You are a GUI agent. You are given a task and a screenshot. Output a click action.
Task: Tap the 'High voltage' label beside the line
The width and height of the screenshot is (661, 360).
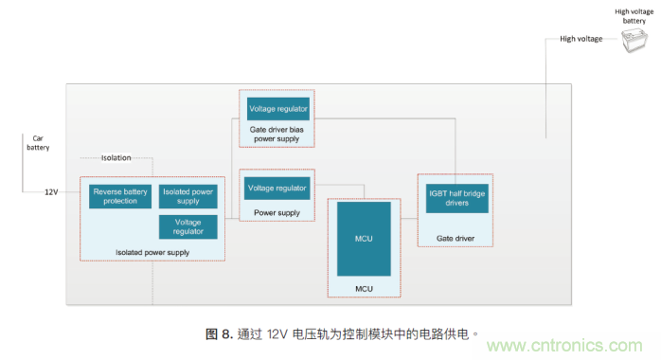(x=581, y=39)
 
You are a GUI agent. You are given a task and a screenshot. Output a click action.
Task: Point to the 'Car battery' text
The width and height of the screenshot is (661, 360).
(x=37, y=142)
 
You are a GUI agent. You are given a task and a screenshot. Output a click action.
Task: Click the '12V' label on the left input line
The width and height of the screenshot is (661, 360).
(x=51, y=192)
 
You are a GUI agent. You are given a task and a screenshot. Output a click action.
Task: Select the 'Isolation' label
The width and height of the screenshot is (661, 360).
(x=116, y=157)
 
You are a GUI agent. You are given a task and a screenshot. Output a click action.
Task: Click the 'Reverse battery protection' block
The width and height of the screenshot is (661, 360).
(x=120, y=196)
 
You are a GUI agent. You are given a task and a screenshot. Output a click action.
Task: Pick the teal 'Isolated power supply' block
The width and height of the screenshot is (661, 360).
(x=188, y=196)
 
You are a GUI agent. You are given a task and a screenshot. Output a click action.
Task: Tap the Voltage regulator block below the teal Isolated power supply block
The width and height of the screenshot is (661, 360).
(x=188, y=226)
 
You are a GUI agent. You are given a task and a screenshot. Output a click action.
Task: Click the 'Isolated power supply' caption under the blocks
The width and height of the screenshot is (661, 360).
(x=152, y=252)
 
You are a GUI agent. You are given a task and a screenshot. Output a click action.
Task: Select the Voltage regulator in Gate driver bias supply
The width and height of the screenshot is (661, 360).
(x=277, y=108)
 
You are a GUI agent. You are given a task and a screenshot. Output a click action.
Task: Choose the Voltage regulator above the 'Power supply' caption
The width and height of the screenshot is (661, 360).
(x=277, y=189)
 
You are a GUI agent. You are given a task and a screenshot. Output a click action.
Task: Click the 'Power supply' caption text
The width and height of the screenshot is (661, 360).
(x=277, y=213)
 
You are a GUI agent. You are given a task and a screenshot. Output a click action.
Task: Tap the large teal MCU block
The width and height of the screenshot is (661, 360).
(x=363, y=238)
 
